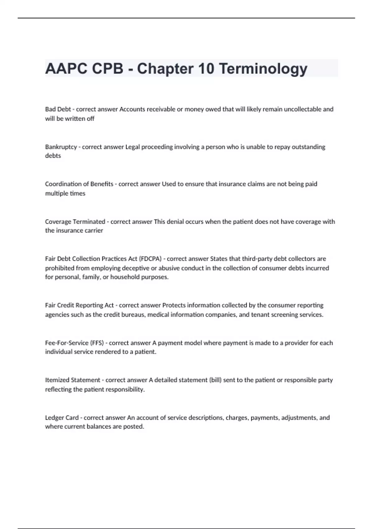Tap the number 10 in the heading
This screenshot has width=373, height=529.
pos(205,69)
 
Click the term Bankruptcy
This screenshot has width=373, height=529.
pos(61,147)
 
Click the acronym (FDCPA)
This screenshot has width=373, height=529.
pos(150,259)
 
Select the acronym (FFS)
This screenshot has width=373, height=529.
pos(97,343)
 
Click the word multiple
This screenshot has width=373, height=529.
pos(56,193)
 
